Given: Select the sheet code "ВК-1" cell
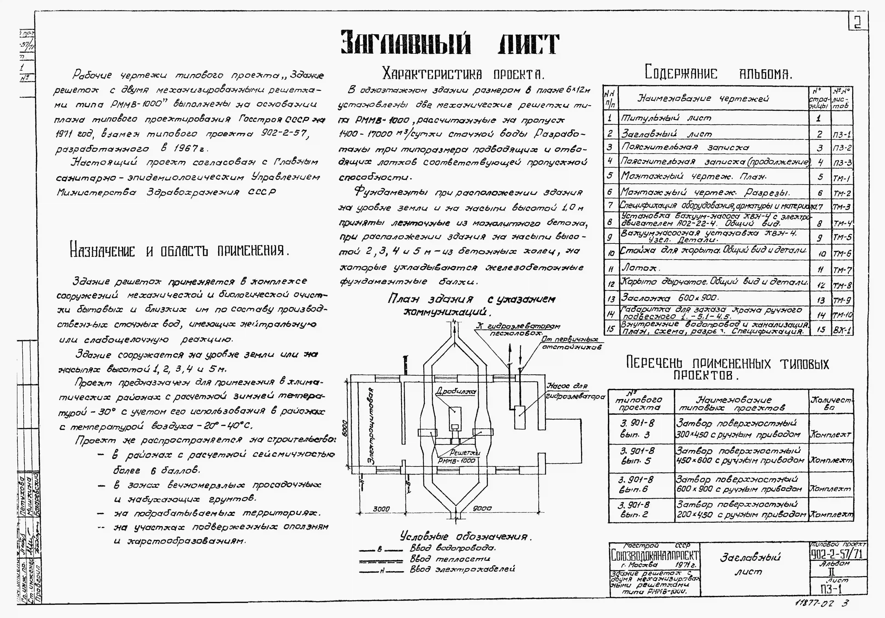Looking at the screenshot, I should click(x=842, y=330).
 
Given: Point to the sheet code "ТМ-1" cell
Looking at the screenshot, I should click(x=842, y=177).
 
